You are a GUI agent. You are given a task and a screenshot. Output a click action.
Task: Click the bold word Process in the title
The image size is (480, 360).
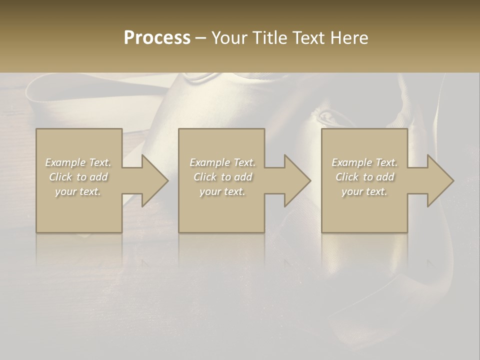[x=157, y=38]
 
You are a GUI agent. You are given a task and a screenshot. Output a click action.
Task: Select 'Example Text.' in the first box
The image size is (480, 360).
[x=78, y=162]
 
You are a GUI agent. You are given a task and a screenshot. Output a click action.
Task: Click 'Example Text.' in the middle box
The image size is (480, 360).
[x=222, y=162]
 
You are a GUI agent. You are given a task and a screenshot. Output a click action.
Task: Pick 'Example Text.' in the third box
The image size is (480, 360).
[x=364, y=162]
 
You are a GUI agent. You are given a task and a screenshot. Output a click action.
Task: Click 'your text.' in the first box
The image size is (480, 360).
[x=78, y=191]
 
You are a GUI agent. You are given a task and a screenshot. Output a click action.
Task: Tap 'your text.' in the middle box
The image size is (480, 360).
[x=222, y=191]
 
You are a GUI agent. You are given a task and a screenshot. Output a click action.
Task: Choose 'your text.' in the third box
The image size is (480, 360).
[x=364, y=191]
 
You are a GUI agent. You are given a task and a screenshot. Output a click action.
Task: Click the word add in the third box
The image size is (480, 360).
[x=385, y=177]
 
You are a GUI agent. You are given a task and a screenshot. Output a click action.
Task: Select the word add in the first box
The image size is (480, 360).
[x=98, y=177]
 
